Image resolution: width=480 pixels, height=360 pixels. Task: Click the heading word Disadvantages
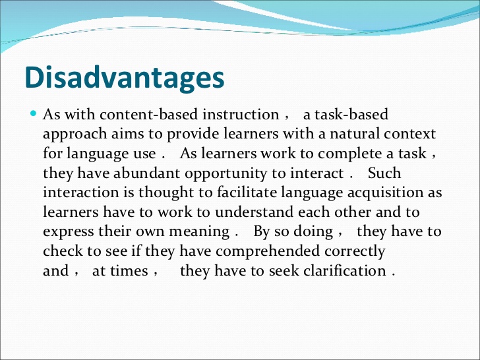click(125, 78)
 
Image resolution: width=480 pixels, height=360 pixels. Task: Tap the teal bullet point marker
click(34, 114)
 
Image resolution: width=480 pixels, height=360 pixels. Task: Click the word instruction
click(241, 115)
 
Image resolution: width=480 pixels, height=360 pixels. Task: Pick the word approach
click(75, 135)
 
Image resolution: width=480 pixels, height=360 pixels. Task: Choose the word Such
click(384, 173)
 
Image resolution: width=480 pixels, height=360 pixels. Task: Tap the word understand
click(254, 212)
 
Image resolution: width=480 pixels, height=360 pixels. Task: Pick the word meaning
click(199, 232)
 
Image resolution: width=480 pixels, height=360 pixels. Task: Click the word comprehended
click(268, 251)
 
